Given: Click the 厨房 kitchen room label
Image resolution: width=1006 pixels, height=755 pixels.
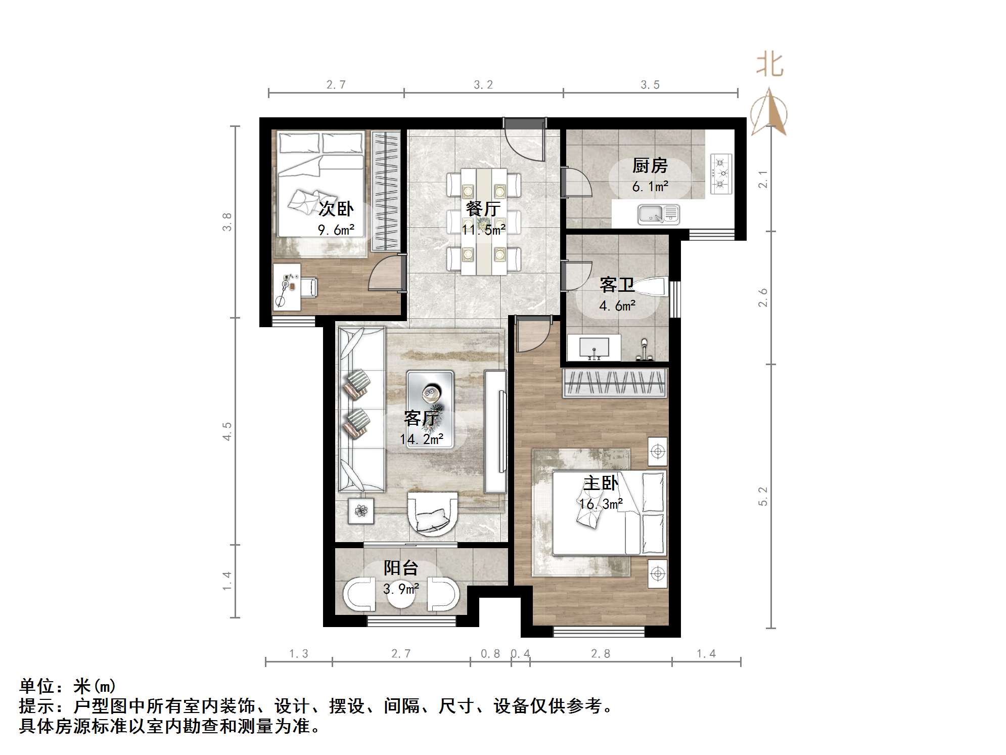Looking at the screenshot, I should point(650,166).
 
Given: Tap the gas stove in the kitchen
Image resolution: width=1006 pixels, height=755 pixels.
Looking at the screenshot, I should point(721,173).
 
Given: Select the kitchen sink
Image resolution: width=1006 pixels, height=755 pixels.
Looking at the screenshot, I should point(658,214).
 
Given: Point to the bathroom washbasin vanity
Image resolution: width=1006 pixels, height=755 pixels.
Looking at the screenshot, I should point(594,347).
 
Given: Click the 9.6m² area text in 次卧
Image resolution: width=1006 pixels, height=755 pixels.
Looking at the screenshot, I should point(336,230).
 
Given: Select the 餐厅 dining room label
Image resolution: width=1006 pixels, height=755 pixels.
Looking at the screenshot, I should point(483,208).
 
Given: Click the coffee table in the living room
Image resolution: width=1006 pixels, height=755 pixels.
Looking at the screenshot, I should point(430,409).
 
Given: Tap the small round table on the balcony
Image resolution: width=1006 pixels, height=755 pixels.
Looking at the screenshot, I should point(401,596).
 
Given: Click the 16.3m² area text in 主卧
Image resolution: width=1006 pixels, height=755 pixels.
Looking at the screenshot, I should point(601,504).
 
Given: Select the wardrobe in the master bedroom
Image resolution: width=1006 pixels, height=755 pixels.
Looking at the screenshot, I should point(615,383).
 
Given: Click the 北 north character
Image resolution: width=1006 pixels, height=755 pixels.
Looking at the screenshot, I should point(769,65).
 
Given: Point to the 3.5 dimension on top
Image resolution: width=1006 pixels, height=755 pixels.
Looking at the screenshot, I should point(650,84).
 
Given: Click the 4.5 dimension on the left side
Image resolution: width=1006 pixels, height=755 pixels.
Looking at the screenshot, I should point(227,431).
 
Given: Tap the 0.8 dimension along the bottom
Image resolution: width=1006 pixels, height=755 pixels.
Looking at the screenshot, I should point(490,654).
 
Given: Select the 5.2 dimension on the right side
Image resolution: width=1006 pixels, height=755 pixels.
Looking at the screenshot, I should point(763,496).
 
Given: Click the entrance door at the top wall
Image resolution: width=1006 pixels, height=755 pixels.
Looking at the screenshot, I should point(525,139).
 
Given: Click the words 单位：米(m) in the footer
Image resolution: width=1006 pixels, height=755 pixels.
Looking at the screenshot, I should point(68,686).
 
